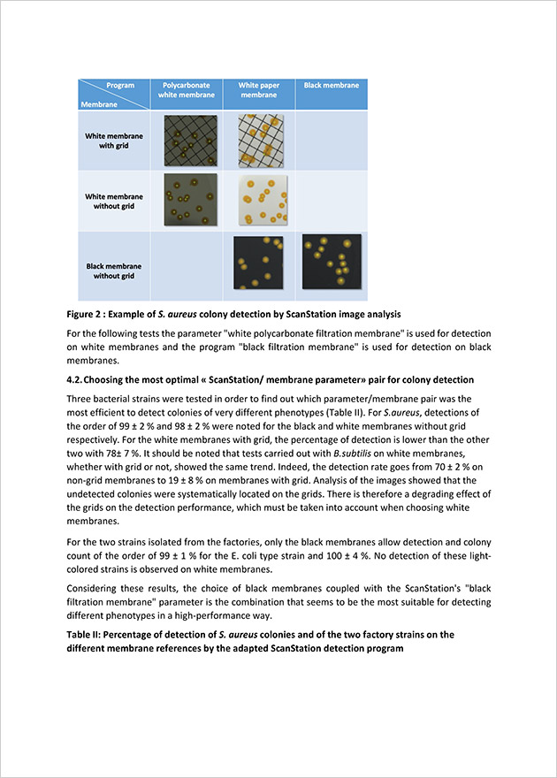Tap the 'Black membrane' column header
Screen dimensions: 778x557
click(332, 86)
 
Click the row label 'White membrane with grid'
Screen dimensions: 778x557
click(113, 141)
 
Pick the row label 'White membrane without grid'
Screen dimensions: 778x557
click(113, 201)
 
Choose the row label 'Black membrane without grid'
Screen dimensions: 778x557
click(111, 271)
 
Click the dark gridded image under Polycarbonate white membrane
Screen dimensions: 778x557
click(190, 141)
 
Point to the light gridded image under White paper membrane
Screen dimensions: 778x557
click(259, 141)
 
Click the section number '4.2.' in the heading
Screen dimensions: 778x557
click(78, 380)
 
